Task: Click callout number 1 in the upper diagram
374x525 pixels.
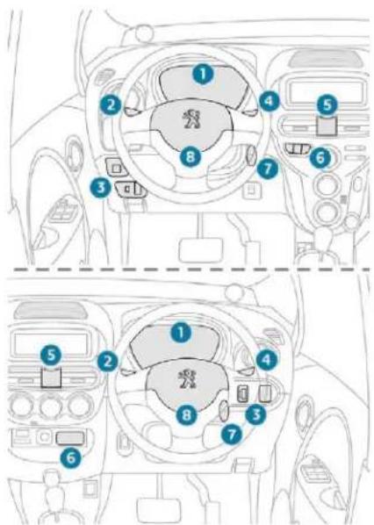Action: tap(203, 74)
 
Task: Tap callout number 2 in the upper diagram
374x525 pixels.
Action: tap(111, 105)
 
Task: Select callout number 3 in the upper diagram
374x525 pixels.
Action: tap(101, 187)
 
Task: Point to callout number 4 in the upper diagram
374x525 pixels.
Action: tap(270, 100)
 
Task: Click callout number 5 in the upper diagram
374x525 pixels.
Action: tap(327, 105)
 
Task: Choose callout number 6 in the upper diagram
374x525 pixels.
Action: tap(320, 157)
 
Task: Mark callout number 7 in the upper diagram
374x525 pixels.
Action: tap(268, 169)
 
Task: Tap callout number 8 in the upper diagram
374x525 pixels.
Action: tap(191, 156)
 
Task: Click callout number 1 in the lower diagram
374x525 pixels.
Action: tap(181, 333)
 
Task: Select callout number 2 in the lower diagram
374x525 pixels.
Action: tap(107, 362)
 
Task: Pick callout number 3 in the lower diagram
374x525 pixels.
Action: tap(256, 414)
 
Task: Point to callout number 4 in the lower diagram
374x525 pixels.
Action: tap(267, 360)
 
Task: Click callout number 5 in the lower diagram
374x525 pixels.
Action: tap(51, 355)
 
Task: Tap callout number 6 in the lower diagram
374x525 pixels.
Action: tap(71, 457)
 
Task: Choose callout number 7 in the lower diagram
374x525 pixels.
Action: tap(232, 435)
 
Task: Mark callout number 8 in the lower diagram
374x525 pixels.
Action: tap(186, 415)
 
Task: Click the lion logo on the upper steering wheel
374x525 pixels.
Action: tap(191, 119)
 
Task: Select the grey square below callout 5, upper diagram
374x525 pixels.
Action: tap(327, 126)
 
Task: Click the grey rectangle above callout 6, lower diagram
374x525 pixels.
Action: tap(70, 438)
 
